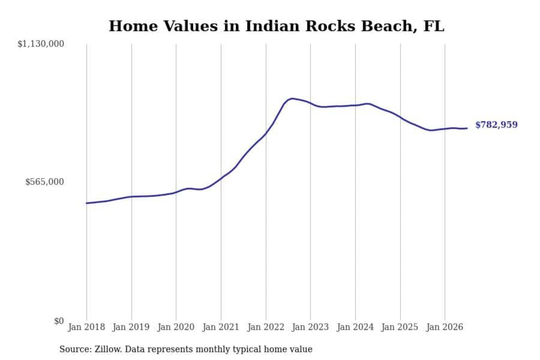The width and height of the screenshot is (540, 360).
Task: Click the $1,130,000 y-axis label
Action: tap(41, 44)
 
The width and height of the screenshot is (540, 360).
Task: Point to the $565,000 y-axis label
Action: tap(45, 182)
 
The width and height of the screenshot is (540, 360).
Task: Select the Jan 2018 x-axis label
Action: tap(87, 327)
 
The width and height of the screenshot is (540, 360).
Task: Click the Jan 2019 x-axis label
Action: tap(131, 327)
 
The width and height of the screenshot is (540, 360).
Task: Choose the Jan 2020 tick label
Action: tap(176, 327)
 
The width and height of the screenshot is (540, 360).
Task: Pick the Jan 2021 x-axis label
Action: tap(220, 327)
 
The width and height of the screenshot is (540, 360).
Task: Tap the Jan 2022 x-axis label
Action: tap(266, 327)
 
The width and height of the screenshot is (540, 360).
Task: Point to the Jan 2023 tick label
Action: tap(310, 327)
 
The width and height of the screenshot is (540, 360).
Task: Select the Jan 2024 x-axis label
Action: tap(355, 327)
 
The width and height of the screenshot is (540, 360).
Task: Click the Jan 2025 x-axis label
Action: tap(400, 327)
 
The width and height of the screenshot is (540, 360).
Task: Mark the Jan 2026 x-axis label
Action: tap(445, 327)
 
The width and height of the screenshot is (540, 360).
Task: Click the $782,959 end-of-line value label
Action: tap(496, 125)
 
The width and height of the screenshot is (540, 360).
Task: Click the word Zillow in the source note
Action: tap(108, 349)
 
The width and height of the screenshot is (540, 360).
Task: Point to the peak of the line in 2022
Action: tap(292, 98)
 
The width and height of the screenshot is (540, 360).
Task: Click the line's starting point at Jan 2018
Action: tap(87, 203)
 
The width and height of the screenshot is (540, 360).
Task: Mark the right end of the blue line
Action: tap(467, 128)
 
